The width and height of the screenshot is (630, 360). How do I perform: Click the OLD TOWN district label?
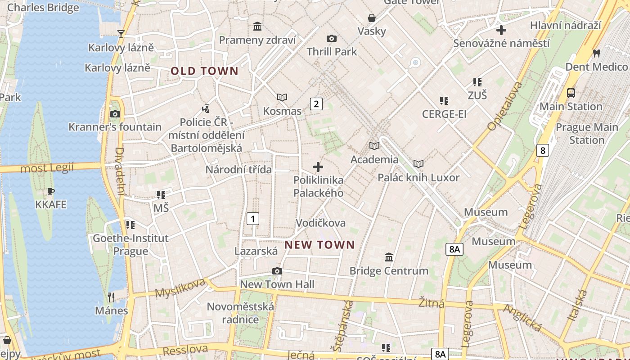(x=204, y=71)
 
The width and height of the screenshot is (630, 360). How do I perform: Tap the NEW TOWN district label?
(x=319, y=245)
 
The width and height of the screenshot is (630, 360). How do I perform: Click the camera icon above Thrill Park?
(x=332, y=39)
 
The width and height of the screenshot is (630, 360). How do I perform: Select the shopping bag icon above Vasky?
(x=372, y=18)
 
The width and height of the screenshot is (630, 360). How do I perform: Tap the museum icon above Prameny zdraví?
(x=257, y=27)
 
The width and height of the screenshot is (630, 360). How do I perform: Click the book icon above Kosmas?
(x=282, y=97)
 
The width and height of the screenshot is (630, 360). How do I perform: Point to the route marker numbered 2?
(x=316, y=104)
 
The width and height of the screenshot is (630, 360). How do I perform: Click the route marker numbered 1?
(x=253, y=219)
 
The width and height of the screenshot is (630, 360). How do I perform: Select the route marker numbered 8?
(x=543, y=150)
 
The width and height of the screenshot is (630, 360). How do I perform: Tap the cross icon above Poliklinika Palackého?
(x=318, y=167)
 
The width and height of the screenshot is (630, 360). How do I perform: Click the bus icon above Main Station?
(x=571, y=93)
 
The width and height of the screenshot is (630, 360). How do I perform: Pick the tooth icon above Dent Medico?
(x=597, y=53)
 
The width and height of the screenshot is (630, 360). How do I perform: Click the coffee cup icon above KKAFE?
(x=51, y=192)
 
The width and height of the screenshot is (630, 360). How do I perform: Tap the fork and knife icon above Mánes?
(x=111, y=297)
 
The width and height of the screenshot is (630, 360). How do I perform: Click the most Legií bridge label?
(x=47, y=168)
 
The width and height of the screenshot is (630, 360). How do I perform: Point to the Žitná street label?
(x=431, y=303)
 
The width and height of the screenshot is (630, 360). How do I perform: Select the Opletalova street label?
(x=505, y=106)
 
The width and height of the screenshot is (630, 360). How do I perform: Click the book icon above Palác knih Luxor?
(x=418, y=164)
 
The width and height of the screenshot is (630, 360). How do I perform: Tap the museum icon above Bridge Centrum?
(x=389, y=257)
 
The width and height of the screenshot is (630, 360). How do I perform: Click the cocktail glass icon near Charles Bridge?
(x=121, y=34)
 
